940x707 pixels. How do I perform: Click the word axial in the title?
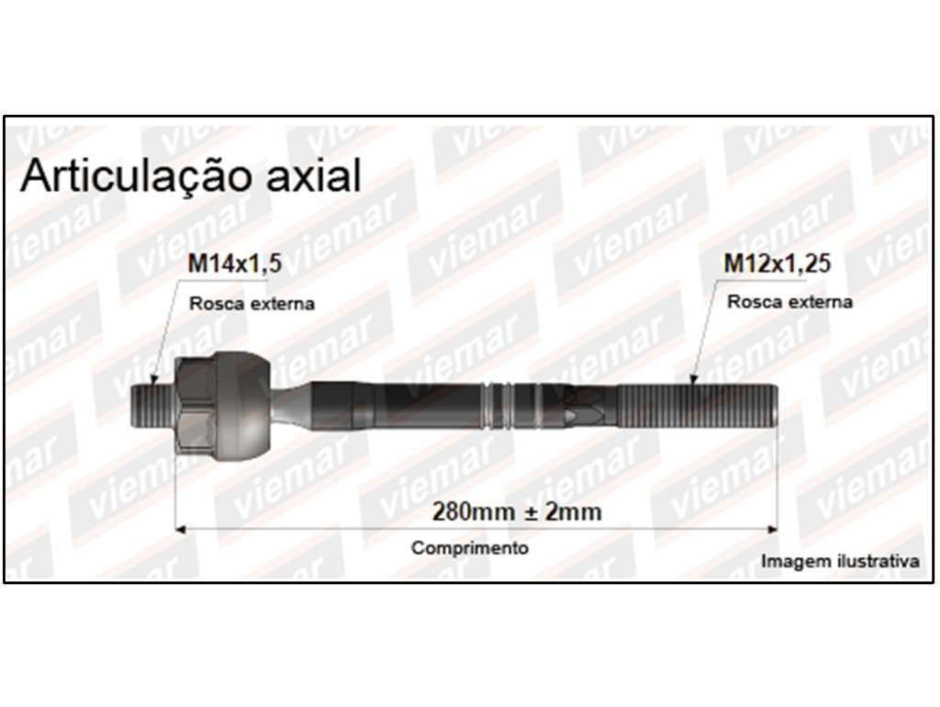coord(314,175)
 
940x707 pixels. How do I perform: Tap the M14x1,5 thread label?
coord(234,264)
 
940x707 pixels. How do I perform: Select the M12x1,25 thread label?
coord(778,264)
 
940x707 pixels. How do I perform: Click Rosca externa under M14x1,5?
coord(252,303)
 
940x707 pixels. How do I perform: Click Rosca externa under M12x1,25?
coord(789,302)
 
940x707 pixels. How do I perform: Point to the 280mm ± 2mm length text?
coord(517,512)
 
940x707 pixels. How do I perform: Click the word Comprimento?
coord(470,547)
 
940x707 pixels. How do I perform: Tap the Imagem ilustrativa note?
coord(840,561)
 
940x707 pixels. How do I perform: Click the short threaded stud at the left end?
coord(152,407)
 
